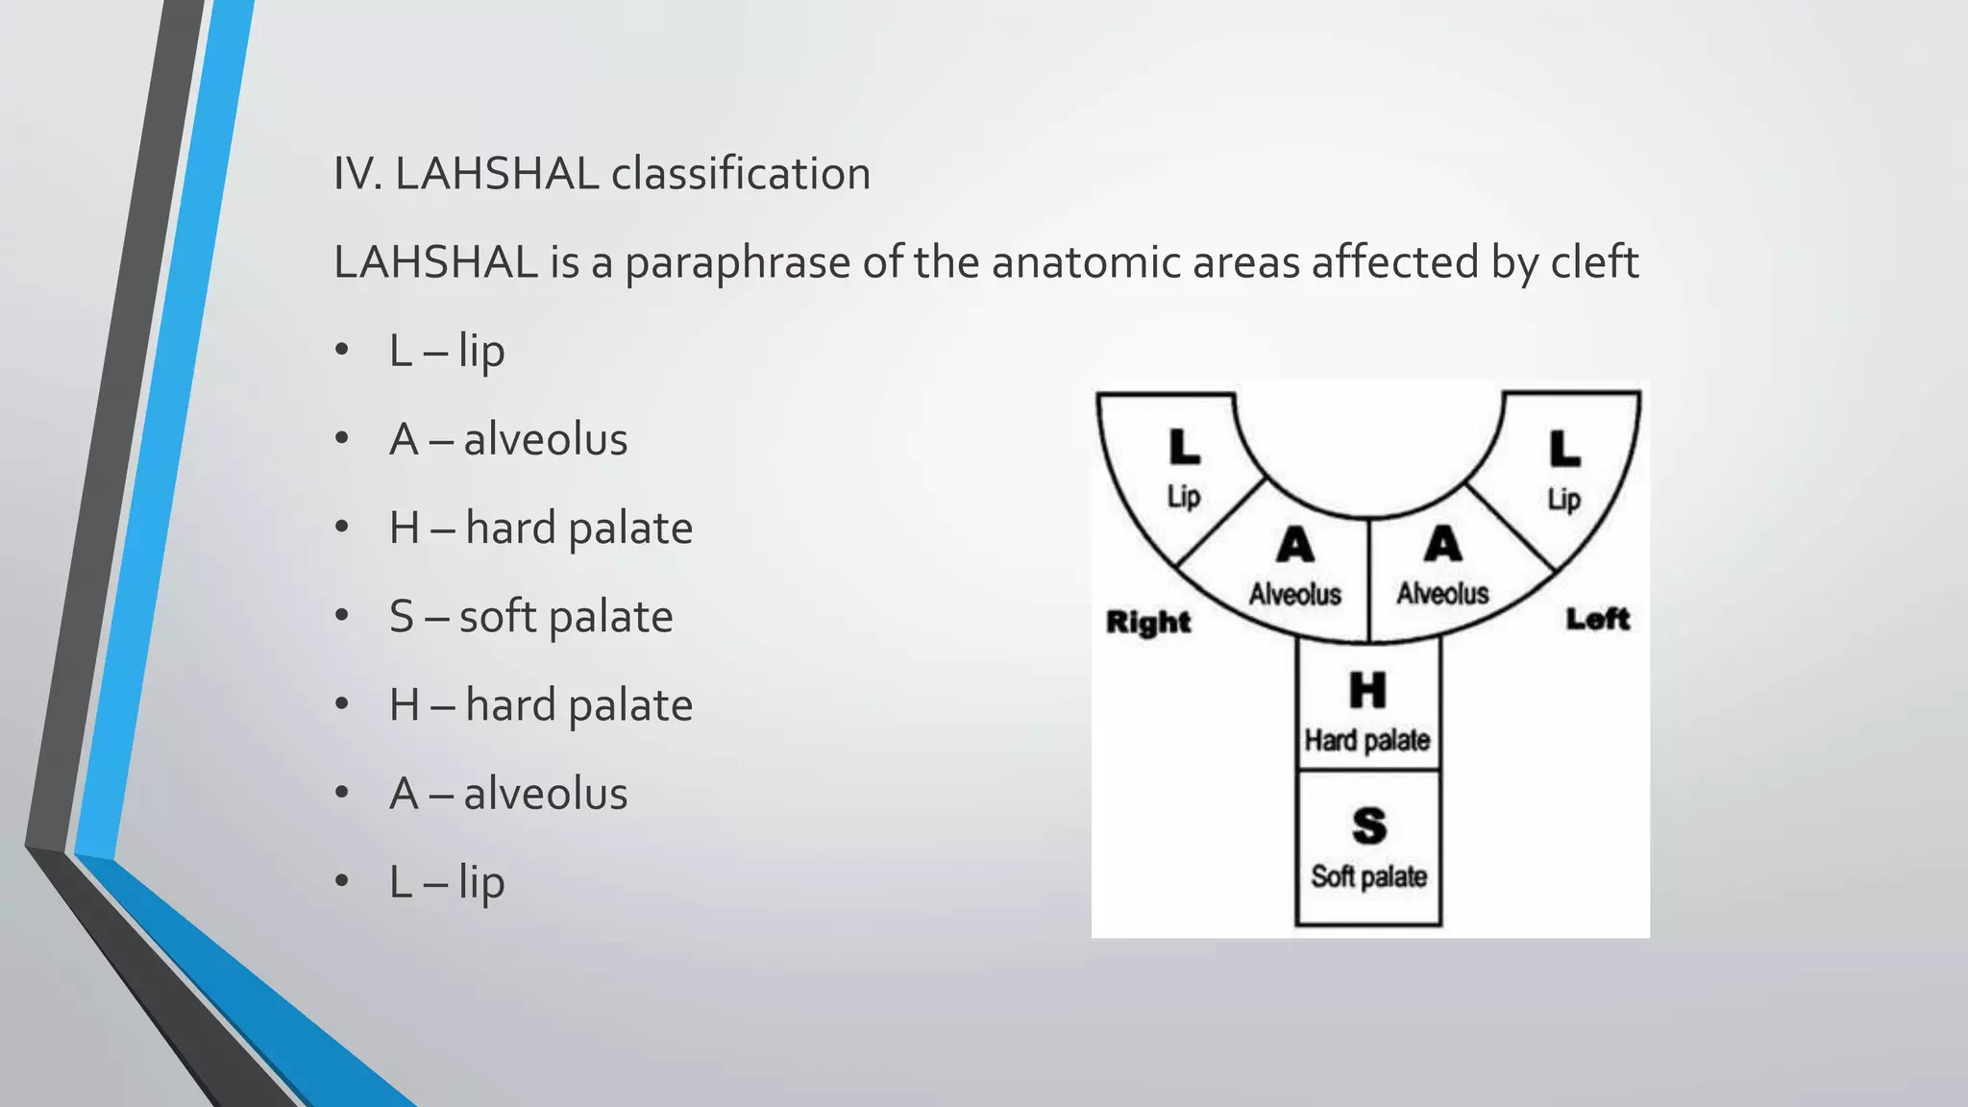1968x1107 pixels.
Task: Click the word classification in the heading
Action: click(x=741, y=174)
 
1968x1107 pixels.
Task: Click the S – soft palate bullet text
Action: click(x=530, y=617)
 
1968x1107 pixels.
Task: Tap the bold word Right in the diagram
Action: click(x=1148, y=622)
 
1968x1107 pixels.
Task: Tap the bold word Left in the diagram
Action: click(x=1598, y=619)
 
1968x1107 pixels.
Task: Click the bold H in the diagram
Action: click(x=1367, y=690)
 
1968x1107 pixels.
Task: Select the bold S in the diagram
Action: click(x=1369, y=825)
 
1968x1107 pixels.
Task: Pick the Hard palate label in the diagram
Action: click(x=1367, y=740)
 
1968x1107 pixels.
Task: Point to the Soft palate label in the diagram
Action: click(x=1369, y=876)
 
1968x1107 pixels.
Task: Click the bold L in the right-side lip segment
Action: click(x=1184, y=447)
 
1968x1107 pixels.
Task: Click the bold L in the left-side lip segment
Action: click(x=1564, y=449)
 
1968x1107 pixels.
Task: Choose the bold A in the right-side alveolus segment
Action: click(x=1295, y=546)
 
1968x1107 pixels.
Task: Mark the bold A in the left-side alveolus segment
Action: click(x=1442, y=545)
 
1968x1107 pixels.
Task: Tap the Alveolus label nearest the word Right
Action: click(x=1295, y=594)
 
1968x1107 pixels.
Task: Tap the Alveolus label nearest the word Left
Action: click(x=1442, y=593)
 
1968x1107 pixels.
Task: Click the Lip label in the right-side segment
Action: click(x=1184, y=497)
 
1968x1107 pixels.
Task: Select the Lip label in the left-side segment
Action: click(x=1564, y=499)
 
